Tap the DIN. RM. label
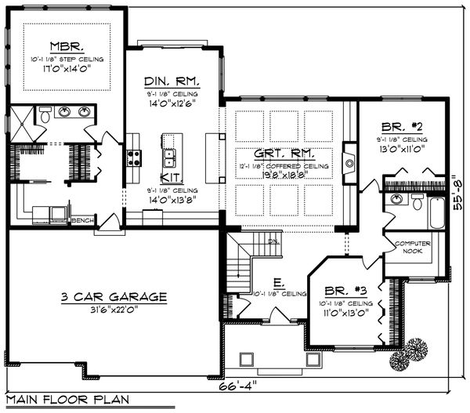(171, 82)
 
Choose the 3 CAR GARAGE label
(114, 296)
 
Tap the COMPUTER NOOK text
(412, 247)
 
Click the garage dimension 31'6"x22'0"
(114, 309)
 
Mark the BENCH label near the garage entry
(83, 220)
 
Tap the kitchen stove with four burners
(134, 158)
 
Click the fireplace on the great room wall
(349, 162)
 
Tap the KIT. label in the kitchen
(171, 178)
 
